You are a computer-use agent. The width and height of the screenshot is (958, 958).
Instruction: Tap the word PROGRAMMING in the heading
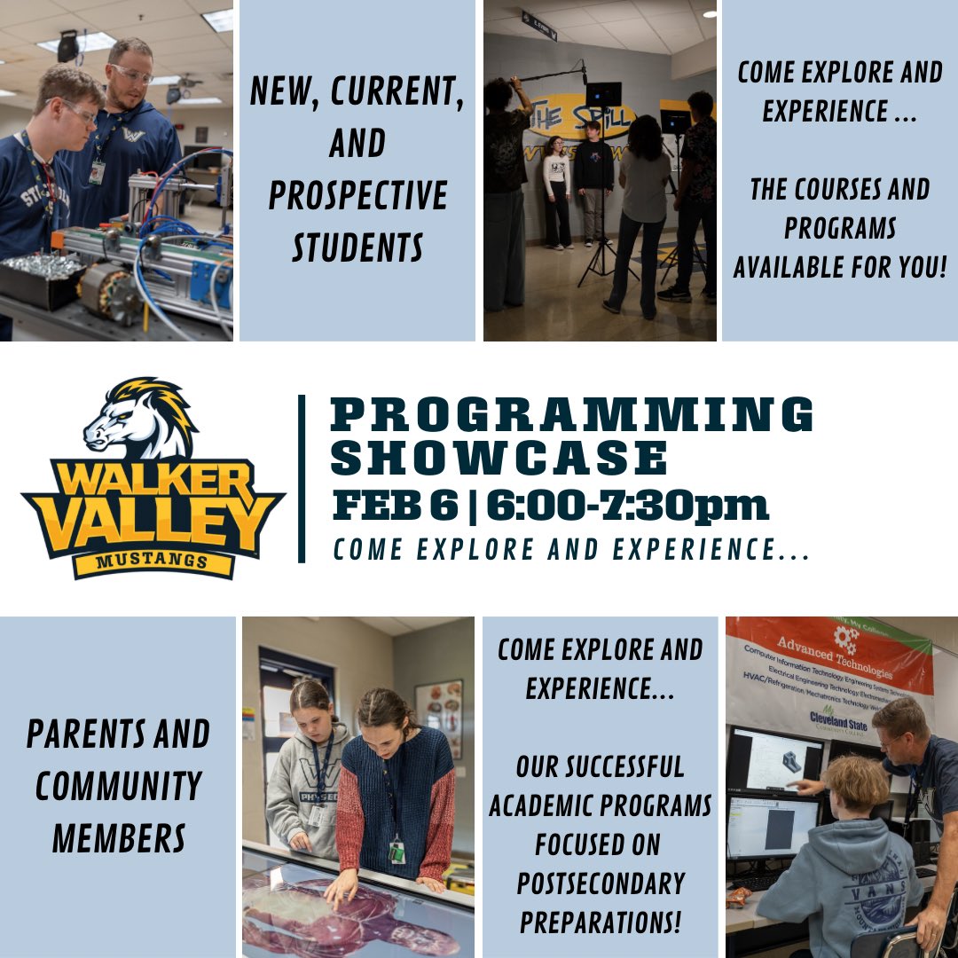coord(572,414)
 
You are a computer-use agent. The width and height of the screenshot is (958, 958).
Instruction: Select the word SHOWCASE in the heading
coord(499,458)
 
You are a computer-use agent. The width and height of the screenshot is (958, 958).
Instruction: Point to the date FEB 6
coord(393,506)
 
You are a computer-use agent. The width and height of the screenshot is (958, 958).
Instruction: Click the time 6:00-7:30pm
coord(626,506)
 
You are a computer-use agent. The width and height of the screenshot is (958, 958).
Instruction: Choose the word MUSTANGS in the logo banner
coord(153,561)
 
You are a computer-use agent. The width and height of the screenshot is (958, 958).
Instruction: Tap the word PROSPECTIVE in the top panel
coord(357,196)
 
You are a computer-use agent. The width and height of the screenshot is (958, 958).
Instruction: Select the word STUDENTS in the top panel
coord(357,247)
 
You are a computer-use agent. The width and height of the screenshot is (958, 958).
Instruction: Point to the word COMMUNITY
coord(118,786)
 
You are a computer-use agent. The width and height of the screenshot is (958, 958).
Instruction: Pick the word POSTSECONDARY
coord(601,883)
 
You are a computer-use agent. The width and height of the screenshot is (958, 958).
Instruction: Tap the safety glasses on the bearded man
coord(130,75)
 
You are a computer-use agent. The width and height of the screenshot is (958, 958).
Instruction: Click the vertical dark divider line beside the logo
coord(302,479)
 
